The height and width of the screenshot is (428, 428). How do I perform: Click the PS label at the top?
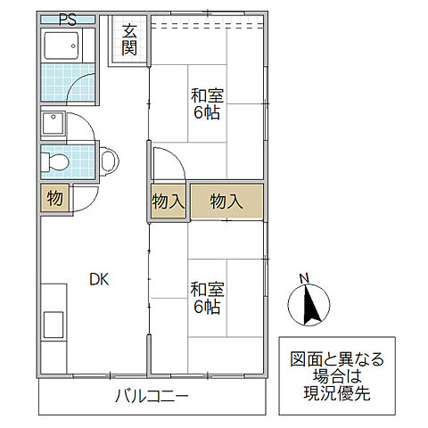[67, 19]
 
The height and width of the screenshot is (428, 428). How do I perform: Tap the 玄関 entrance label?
[129, 39]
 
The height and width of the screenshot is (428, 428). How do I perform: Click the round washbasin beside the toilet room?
[109, 161]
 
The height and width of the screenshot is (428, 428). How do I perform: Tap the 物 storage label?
[54, 198]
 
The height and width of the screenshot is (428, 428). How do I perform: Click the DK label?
[99, 278]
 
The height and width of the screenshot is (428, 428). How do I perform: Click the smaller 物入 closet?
[168, 202]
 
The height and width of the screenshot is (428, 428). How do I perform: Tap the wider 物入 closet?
[226, 202]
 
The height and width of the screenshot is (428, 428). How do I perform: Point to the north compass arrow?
[306, 304]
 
